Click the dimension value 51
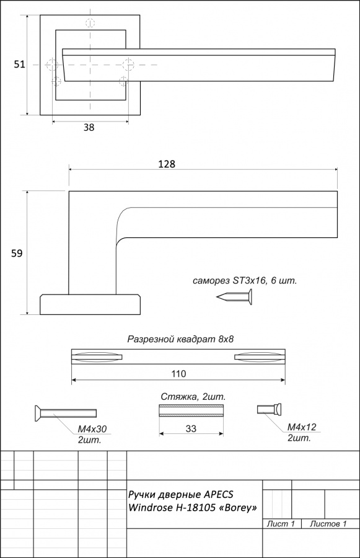[x=19, y=64]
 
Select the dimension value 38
[x=89, y=127]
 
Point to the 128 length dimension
[x=167, y=164]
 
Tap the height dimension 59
[x=17, y=253]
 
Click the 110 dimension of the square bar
[x=178, y=374]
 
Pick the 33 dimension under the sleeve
[x=191, y=428]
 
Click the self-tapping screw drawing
[x=234, y=296]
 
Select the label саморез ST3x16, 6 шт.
[x=245, y=281]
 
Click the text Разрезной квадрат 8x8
[x=180, y=339]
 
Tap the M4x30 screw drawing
[x=66, y=413]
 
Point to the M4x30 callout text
[x=92, y=429]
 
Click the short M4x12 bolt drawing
[x=270, y=409]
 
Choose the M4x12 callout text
[x=302, y=427]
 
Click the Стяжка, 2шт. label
[x=193, y=396]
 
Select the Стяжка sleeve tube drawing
[x=191, y=410]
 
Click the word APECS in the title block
[x=219, y=494]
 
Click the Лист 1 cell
[x=281, y=523]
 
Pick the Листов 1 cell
[x=328, y=523]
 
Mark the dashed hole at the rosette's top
[x=90, y=23]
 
